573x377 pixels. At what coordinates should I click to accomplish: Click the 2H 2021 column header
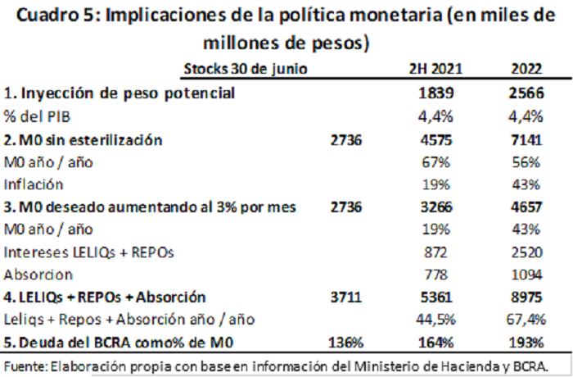click(435, 69)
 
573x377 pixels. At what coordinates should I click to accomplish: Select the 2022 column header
click(526, 69)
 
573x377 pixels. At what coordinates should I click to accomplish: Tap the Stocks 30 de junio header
click(246, 69)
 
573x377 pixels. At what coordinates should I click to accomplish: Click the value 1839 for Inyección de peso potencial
click(436, 93)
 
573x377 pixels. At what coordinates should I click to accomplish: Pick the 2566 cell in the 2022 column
click(526, 93)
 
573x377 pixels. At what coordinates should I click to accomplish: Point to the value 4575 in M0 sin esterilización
click(436, 140)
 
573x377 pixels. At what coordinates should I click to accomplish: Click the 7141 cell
click(526, 140)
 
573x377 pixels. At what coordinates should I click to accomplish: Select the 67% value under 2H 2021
click(436, 162)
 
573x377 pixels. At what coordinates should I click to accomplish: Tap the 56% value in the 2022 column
click(526, 162)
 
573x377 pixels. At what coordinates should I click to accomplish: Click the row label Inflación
click(34, 184)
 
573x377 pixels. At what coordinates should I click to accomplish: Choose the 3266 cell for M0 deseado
click(436, 207)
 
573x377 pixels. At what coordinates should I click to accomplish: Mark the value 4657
click(526, 207)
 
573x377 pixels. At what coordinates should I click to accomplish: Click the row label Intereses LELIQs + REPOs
click(88, 252)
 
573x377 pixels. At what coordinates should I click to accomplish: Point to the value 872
click(436, 252)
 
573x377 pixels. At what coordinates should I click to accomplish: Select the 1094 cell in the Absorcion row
click(526, 275)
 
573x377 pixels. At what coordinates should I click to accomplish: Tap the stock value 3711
click(346, 297)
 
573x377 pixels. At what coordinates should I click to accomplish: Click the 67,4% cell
click(526, 320)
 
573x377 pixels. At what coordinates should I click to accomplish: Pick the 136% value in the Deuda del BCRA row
click(346, 343)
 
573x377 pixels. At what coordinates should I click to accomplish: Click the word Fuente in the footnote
click(25, 366)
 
